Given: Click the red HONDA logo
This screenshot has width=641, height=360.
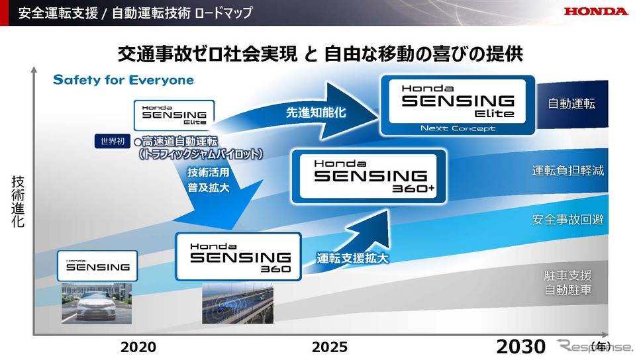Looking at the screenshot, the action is pyautogui.click(x=595, y=11).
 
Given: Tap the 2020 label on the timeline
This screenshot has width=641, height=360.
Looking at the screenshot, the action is pyautogui.click(x=138, y=347).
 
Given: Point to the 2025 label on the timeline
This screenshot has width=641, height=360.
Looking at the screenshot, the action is pyautogui.click(x=330, y=347).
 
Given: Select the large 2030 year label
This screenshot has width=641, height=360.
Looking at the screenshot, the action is pyautogui.click(x=520, y=347).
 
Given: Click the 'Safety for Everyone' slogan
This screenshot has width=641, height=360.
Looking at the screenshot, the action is pyautogui.click(x=123, y=80).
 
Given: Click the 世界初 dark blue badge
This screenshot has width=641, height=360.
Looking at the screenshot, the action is pyautogui.click(x=113, y=142).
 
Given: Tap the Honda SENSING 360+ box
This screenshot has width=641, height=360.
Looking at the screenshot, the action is pyautogui.click(x=369, y=177).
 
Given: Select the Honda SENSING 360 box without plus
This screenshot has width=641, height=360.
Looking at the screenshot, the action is pyautogui.click(x=238, y=257).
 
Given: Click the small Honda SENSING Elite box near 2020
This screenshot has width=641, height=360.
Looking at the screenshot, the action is pyautogui.click(x=174, y=115).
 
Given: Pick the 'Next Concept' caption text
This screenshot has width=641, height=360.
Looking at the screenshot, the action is pyautogui.click(x=458, y=128).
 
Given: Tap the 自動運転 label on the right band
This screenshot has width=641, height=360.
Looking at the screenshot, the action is pyautogui.click(x=571, y=103).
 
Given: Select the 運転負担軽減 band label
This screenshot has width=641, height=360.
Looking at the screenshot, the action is pyautogui.click(x=567, y=170).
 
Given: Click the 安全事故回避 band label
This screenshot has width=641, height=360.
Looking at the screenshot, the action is pyautogui.click(x=567, y=220).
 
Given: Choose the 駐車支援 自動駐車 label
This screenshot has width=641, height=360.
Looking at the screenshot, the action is pyautogui.click(x=567, y=283).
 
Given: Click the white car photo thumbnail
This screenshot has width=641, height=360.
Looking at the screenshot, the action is pyautogui.click(x=97, y=303).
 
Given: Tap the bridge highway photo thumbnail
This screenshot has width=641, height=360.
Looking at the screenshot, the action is pyautogui.click(x=238, y=303).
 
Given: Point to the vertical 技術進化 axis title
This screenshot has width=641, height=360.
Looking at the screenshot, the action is pyautogui.click(x=18, y=201).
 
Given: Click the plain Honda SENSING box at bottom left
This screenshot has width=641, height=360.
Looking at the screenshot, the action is pyautogui.click(x=97, y=266).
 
